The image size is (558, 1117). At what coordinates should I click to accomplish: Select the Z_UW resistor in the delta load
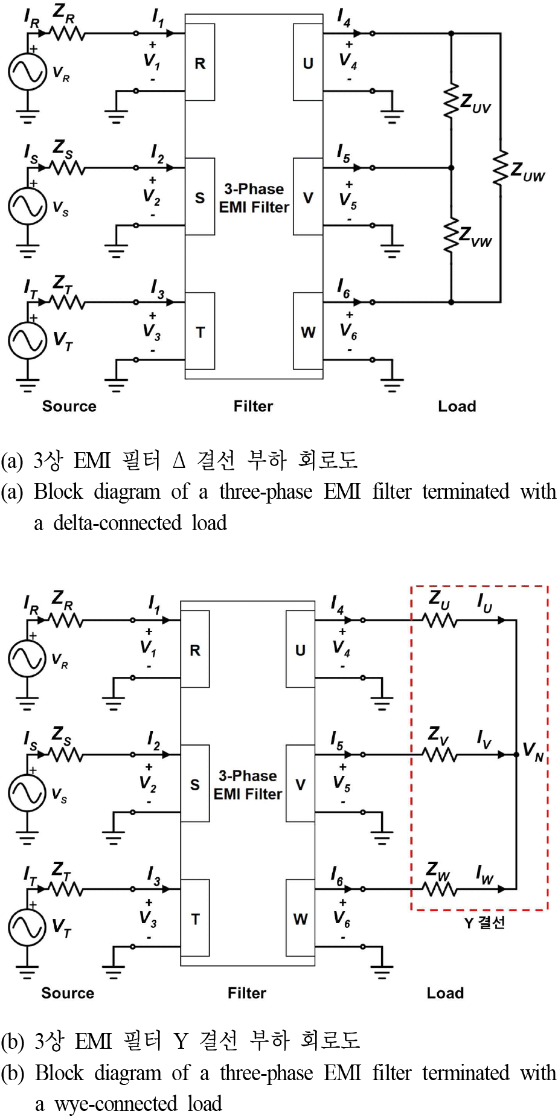click(500, 169)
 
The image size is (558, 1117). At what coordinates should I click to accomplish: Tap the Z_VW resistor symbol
click(451, 235)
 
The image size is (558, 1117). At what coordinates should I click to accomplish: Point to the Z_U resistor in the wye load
click(440, 620)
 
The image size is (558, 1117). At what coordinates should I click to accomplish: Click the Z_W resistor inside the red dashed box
click(439, 889)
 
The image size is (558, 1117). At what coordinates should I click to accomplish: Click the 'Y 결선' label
click(484, 923)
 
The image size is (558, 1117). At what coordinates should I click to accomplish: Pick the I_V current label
click(484, 738)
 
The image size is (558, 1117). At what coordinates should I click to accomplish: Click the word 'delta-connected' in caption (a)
click(117, 523)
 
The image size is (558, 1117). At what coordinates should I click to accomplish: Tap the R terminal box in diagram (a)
click(200, 63)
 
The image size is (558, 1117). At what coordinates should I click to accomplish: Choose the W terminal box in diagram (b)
click(300, 918)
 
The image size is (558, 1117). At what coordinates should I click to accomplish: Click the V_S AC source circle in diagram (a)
click(27, 205)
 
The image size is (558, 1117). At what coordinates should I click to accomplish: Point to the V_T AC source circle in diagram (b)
click(27, 927)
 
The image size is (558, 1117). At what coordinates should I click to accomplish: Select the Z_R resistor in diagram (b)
click(66, 620)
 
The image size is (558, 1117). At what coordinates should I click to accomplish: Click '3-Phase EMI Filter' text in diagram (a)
click(254, 198)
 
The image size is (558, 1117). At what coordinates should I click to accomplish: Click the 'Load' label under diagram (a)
click(457, 406)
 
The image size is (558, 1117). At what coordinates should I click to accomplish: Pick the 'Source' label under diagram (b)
click(68, 993)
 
